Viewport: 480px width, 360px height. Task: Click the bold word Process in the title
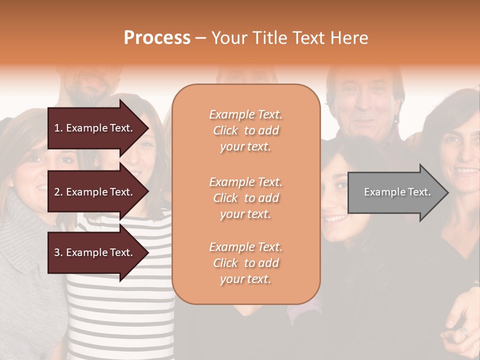pos(157,38)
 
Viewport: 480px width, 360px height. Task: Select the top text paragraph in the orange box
pos(245,130)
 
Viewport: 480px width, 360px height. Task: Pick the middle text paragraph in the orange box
pos(245,198)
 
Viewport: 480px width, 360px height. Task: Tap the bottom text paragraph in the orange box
pos(245,263)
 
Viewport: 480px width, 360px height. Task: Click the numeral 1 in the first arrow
pos(57,128)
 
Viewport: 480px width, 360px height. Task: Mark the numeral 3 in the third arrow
pos(57,252)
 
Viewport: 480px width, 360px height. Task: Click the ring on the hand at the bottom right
pos(462,331)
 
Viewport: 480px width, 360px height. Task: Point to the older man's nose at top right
pos(363,107)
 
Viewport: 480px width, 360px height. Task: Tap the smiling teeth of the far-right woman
pos(468,171)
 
